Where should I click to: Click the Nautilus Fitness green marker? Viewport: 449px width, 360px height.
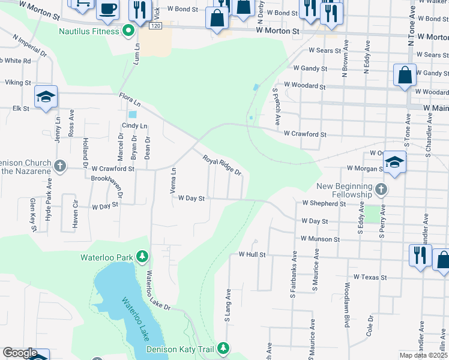click(x=128, y=30)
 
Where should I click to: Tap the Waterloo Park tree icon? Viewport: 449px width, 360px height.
click(x=142, y=257)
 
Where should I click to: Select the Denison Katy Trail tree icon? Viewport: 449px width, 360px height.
click(x=223, y=348)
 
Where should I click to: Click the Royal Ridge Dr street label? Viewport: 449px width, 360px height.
click(x=221, y=165)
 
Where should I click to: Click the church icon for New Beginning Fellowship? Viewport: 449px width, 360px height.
click(x=381, y=190)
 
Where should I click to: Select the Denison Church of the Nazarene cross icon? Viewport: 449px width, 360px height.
click(x=59, y=166)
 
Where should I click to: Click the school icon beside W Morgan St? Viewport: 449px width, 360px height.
click(x=394, y=162)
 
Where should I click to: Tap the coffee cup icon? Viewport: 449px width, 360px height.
click(x=107, y=9)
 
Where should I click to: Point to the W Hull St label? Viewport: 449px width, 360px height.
click(x=252, y=254)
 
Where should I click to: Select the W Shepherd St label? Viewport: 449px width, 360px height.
click(x=324, y=203)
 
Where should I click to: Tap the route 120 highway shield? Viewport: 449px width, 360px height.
click(x=156, y=27)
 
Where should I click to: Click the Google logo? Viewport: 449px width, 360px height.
click(x=20, y=353)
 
